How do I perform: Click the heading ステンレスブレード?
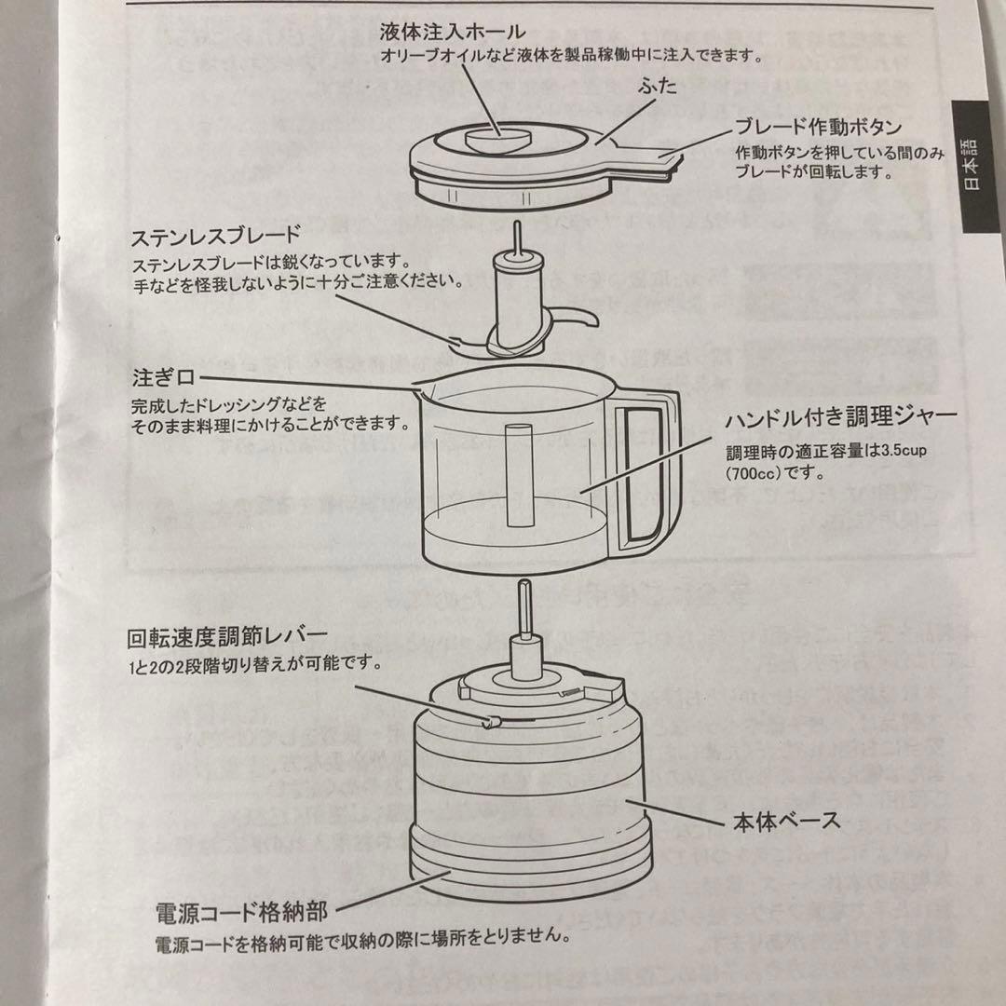(x=217, y=234)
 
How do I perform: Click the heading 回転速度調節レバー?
(x=227, y=640)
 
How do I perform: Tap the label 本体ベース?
(x=797, y=821)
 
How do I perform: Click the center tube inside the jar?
(x=517, y=474)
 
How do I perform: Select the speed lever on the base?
(x=489, y=721)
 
